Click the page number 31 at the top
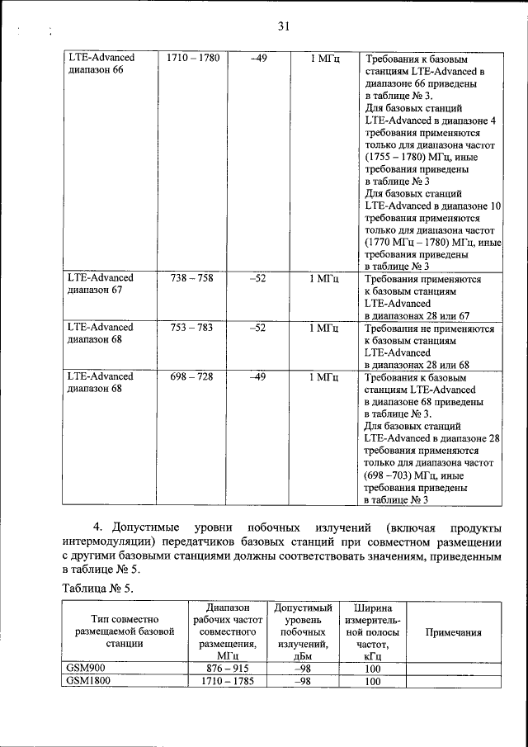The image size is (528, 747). click(x=282, y=26)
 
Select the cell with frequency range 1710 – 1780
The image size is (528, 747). click(x=192, y=58)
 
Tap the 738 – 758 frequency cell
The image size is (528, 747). click(x=191, y=278)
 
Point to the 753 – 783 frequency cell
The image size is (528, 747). click(x=191, y=327)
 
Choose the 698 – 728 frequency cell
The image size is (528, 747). click(x=191, y=376)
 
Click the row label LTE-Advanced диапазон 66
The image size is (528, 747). click(x=101, y=64)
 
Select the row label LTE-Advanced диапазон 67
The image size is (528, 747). click(x=101, y=285)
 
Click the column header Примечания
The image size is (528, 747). click(x=453, y=632)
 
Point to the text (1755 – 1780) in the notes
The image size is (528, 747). click(x=394, y=156)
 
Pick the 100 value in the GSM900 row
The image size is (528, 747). click(x=372, y=669)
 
